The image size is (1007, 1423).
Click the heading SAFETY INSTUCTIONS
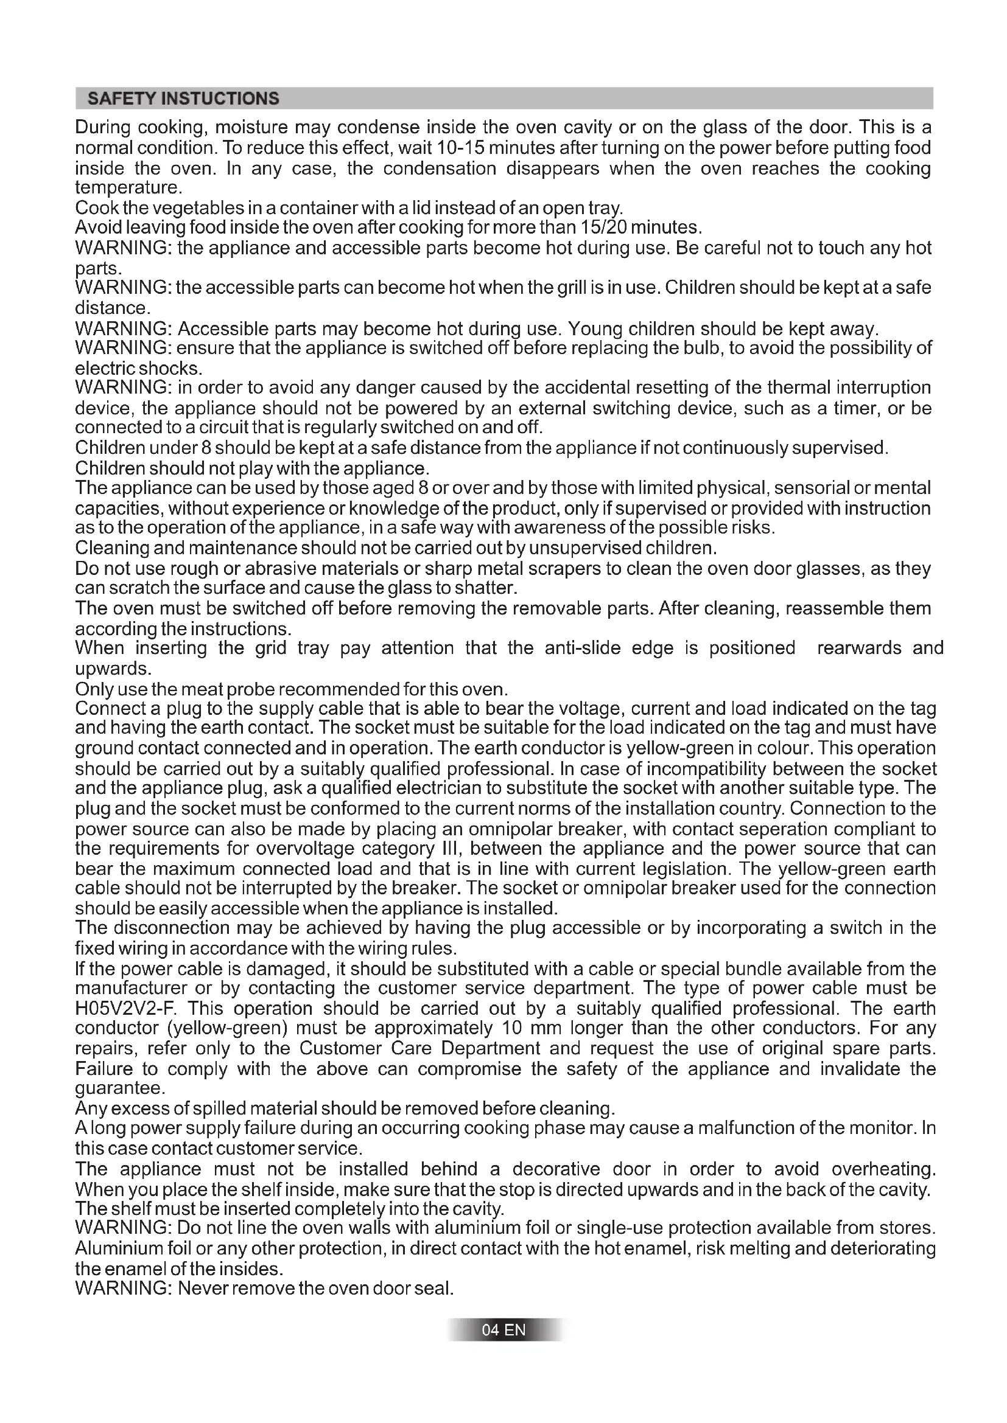[x=183, y=99]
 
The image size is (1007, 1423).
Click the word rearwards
[x=859, y=649]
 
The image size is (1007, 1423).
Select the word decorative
[x=556, y=1169]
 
